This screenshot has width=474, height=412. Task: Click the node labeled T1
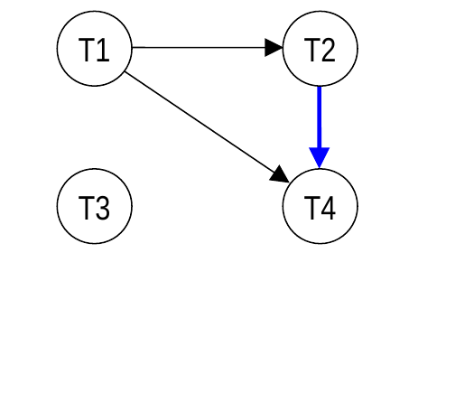95,49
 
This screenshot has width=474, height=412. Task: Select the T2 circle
321,49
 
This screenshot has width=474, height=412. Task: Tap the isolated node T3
95,206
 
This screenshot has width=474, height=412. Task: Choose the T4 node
321,206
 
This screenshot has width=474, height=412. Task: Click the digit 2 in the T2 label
328,50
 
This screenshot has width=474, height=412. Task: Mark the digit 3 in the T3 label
103,208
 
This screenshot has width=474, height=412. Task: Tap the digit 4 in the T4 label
328,208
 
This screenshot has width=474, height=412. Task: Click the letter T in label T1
87,50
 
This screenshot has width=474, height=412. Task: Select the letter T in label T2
312,50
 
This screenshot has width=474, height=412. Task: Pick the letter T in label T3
87,208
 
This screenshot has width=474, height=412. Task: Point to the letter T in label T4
312,208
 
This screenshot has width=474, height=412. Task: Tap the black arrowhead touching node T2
274,48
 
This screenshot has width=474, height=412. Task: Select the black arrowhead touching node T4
280,174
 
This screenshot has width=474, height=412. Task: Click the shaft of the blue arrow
320,117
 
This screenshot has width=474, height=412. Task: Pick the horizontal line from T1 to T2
199,47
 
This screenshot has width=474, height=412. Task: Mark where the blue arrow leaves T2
320,87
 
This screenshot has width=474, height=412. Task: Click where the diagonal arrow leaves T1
125,72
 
